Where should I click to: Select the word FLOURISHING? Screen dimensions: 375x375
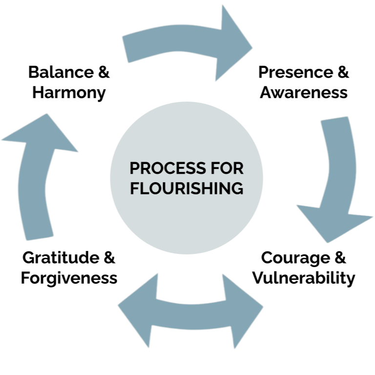tap(187, 188)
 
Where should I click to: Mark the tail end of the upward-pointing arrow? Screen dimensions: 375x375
tap(39, 229)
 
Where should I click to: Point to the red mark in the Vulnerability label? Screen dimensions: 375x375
tap(253, 277)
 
